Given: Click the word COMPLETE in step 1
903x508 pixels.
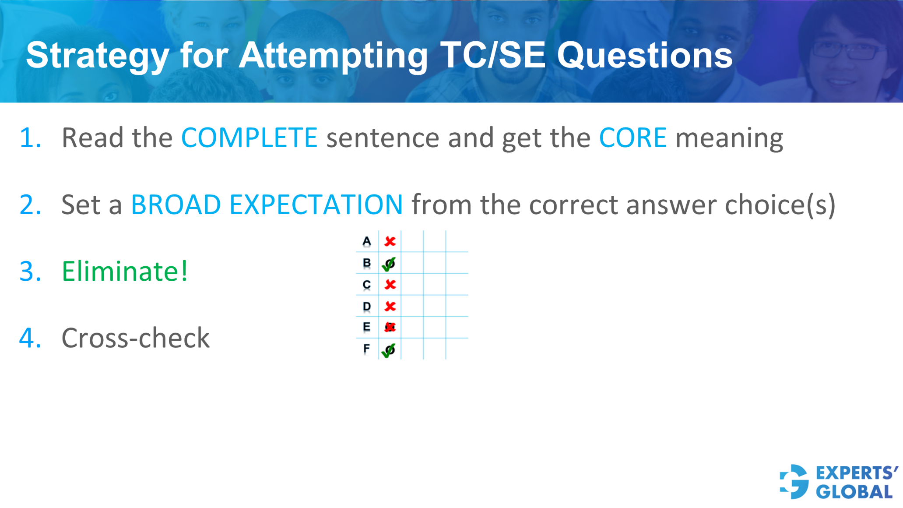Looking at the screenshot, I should tap(249, 138).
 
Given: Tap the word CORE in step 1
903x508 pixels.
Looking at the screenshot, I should tap(632, 138).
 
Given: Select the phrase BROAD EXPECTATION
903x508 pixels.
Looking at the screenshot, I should tap(267, 205).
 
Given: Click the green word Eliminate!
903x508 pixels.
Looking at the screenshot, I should tap(125, 271).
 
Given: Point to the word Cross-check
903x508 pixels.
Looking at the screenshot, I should tap(135, 338).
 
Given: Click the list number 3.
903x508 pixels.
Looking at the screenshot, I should tap(30, 271).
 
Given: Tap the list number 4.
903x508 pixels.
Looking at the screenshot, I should tap(30, 338).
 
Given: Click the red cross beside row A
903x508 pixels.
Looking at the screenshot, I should tap(390, 241).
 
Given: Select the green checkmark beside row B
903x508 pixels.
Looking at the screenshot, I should tap(389, 264).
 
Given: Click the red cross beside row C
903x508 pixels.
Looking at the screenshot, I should tap(390, 285).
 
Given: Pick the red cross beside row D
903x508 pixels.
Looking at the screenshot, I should tap(390, 306).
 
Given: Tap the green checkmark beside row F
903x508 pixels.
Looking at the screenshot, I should tap(389, 350).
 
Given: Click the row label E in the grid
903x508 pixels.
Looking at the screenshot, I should tap(366, 327).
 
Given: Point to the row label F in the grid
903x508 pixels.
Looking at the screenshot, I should tap(366, 349).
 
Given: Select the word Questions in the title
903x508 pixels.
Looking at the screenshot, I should tap(644, 56).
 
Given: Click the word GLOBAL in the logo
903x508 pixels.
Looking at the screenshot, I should tap(854, 492).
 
